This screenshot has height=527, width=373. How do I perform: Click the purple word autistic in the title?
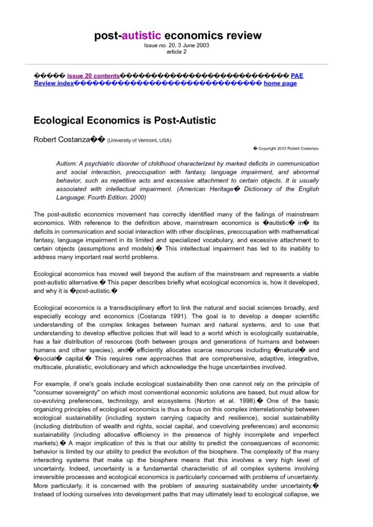coord(141,36)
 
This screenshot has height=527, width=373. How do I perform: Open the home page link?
coord(280,83)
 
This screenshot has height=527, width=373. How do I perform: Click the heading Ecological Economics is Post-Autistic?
coord(125,120)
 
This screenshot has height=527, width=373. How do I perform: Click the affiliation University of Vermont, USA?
coord(139,140)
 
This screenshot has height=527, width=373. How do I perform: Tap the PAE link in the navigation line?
coord(297,76)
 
